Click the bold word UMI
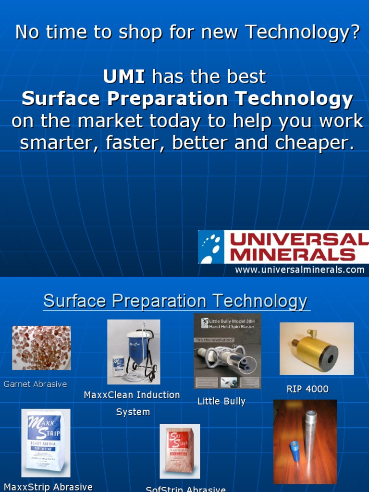pos(124,76)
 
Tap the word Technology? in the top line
pos(302,32)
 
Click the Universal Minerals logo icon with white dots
pos(211,247)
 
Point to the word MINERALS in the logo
pos(293,254)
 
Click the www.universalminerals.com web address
pos(299,270)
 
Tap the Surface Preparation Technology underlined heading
pos(175,301)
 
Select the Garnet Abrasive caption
pos(35,384)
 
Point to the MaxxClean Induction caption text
pos(132,395)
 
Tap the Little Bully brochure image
pos(227,351)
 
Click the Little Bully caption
pos(221,401)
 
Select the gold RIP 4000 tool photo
pos(316,348)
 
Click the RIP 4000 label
pos(307,389)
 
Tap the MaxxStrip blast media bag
pos(46,443)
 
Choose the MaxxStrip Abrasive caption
pos(48,487)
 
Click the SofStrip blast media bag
pos(180,451)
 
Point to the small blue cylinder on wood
pos(294,450)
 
